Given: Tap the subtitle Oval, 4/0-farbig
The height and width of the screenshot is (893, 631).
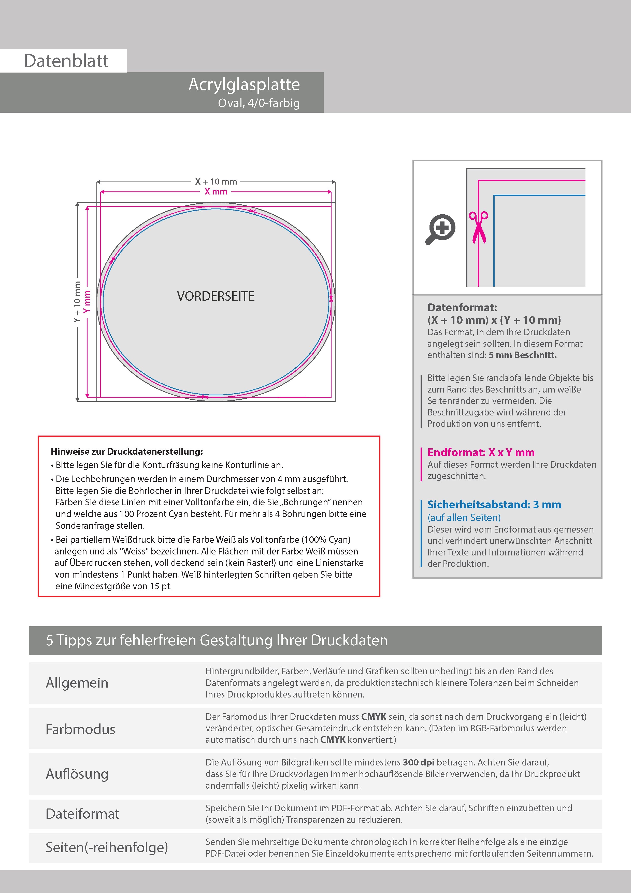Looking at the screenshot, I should (x=259, y=103).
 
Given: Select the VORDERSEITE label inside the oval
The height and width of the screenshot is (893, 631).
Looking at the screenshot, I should (x=216, y=296).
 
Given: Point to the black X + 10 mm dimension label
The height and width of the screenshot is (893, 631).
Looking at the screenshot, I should (x=216, y=182).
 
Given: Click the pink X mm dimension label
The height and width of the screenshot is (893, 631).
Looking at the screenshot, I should (x=216, y=192).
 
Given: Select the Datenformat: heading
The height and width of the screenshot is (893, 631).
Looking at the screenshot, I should (x=462, y=308).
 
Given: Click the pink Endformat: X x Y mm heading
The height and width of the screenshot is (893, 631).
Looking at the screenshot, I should (x=481, y=452).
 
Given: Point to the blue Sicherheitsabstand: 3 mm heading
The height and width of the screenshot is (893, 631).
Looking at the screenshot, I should (x=494, y=505).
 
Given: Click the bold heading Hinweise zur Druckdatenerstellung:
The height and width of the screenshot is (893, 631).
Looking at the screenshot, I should (x=127, y=452).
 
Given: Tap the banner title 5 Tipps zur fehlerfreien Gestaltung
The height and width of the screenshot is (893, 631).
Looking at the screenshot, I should (x=217, y=640).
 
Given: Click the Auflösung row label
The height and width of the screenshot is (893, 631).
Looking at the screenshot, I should (x=77, y=774).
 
